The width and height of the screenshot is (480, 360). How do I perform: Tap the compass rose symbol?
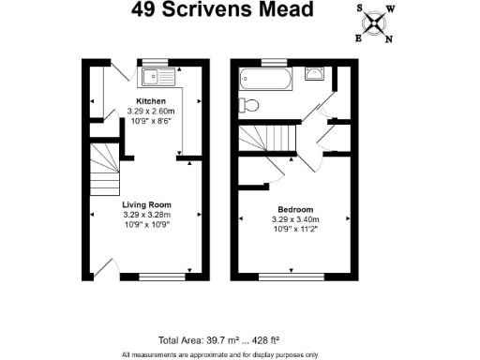coord(377,22)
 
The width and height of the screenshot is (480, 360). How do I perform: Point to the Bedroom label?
coord(294,209)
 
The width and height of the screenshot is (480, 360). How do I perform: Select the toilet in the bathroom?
coord(247,104)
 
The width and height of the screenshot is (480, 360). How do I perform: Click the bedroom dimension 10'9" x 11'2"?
coord(294,229)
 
